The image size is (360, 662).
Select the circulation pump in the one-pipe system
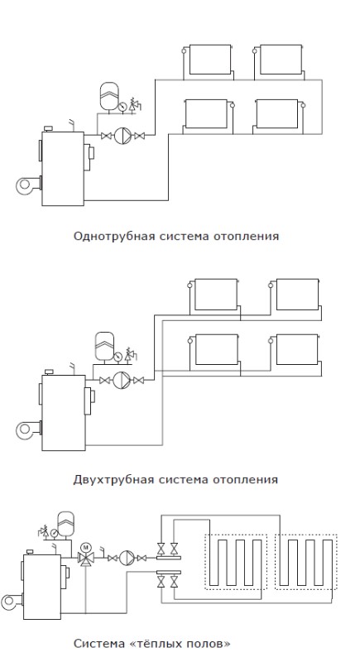tap(122, 136)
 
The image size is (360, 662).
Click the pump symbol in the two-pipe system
tap(122, 381)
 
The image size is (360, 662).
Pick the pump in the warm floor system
tap(127, 558)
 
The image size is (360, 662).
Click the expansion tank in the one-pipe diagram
tap(109, 96)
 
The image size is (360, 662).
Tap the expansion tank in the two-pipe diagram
tap(103, 346)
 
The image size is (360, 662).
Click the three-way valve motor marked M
tap(86, 547)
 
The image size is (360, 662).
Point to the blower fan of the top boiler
tap(27, 185)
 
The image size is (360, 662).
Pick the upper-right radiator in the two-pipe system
tap(297, 295)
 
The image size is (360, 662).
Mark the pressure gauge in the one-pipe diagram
tap(122, 107)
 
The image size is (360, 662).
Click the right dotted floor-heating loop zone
tap(306, 562)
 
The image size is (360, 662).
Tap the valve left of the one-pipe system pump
tap(106, 136)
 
